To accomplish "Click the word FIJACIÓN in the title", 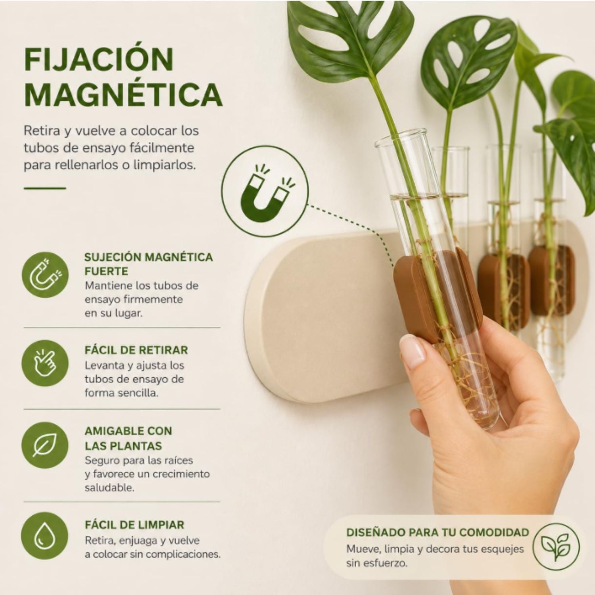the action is [x=99, y=59].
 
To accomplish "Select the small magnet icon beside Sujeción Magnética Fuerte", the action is [x=45, y=274].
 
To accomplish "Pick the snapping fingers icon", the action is [x=45, y=363].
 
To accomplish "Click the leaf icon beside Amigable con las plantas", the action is [x=45, y=446].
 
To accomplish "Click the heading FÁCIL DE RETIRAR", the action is [x=136, y=350].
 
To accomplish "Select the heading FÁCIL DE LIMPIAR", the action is [x=134, y=525].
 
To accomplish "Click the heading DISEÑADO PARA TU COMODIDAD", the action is [x=438, y=532].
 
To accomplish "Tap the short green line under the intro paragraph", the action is [x=44, y=188].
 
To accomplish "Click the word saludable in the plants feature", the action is [x=109, y=488].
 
